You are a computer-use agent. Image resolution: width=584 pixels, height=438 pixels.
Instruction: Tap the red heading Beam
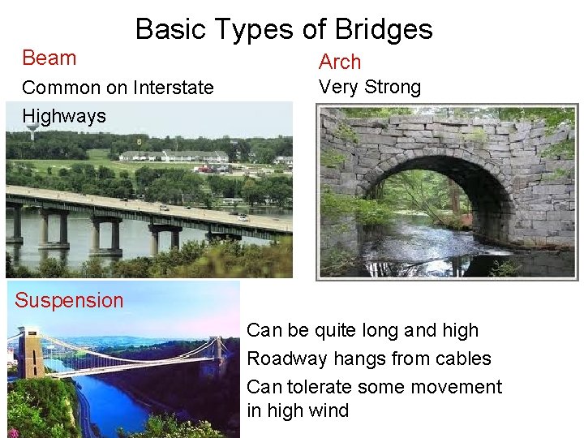tap(49, 58)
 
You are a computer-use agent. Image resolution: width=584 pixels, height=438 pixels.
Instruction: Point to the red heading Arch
tap(340, 62)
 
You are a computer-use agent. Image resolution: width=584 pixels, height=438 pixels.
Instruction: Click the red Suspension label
tap(69, 301)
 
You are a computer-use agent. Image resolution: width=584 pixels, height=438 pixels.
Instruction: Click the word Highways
tap(64, 116)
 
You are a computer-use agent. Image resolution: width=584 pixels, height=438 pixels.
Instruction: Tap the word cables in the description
tap(462, 359)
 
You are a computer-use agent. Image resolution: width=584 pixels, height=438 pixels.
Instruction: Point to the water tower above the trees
tap(32, 130)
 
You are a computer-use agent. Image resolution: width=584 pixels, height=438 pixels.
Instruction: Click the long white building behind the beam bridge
tap(174, 156)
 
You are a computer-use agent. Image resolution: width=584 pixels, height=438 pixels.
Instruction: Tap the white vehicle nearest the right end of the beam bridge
tap(241, 217)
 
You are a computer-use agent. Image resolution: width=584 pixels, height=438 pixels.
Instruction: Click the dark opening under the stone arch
tap(430, 211)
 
